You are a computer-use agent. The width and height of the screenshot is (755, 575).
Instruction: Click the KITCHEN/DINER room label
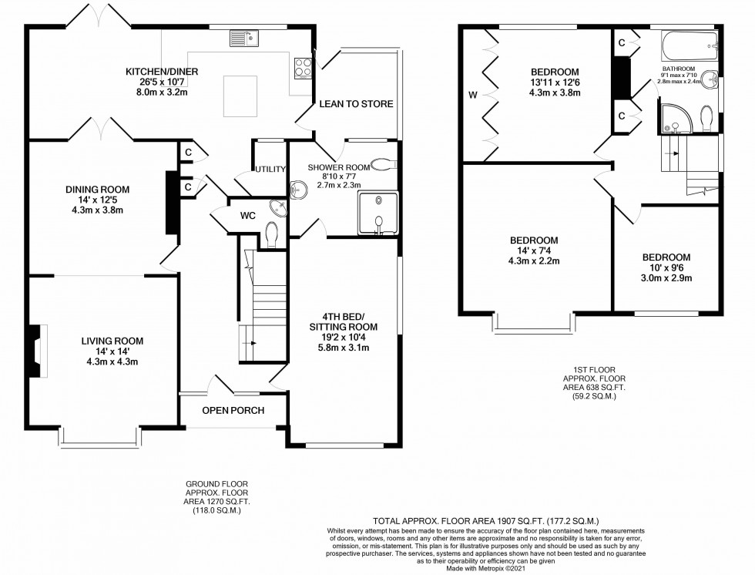click(x=162, y=72)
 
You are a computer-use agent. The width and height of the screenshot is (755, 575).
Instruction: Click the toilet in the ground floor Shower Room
click(x=382, y=163)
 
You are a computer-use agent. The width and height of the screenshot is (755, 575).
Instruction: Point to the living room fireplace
click(x=35, y=351)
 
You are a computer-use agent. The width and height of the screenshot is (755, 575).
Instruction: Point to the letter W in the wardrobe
click(x=471, y=96)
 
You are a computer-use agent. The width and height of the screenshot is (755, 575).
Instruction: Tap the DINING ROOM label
click(x=97, y=189)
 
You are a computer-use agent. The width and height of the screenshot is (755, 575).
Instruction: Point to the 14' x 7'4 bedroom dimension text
click(x=533, y=251)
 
